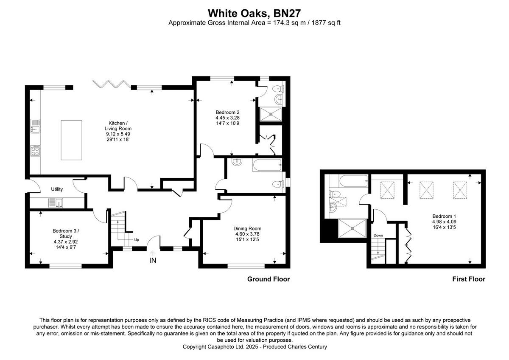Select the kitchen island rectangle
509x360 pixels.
pos(71,140)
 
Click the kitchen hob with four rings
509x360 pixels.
pos(35,150)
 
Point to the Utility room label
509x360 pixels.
pos(57,189)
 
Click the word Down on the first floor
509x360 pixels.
pos(378,236)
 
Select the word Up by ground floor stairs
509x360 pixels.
pos(136,240)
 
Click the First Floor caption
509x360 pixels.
pos(468,279)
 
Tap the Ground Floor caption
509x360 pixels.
pos(268,279)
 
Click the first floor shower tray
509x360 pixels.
pos(352,229)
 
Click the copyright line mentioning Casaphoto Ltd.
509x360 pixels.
pos(255,347)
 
